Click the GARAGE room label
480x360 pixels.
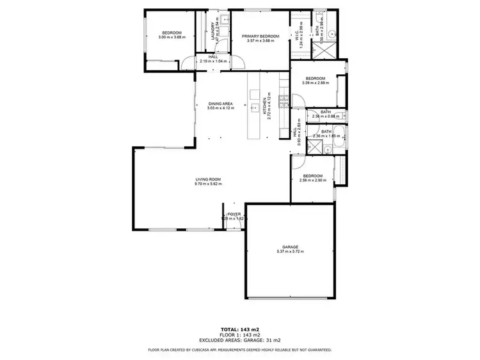coord(290,247)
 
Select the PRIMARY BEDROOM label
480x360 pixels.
coord(260,36)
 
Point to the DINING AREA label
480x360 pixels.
coord(220,104)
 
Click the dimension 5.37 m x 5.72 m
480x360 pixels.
coord(290,252)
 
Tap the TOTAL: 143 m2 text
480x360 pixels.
coord(239,329)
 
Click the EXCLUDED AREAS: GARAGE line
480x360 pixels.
coord(239,340)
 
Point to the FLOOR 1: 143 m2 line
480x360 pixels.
coord(239,334)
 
